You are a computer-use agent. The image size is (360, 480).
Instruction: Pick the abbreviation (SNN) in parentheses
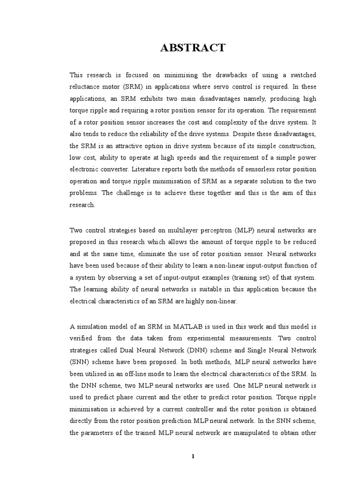point(81,362)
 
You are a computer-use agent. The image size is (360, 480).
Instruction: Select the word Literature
point(151,168)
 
